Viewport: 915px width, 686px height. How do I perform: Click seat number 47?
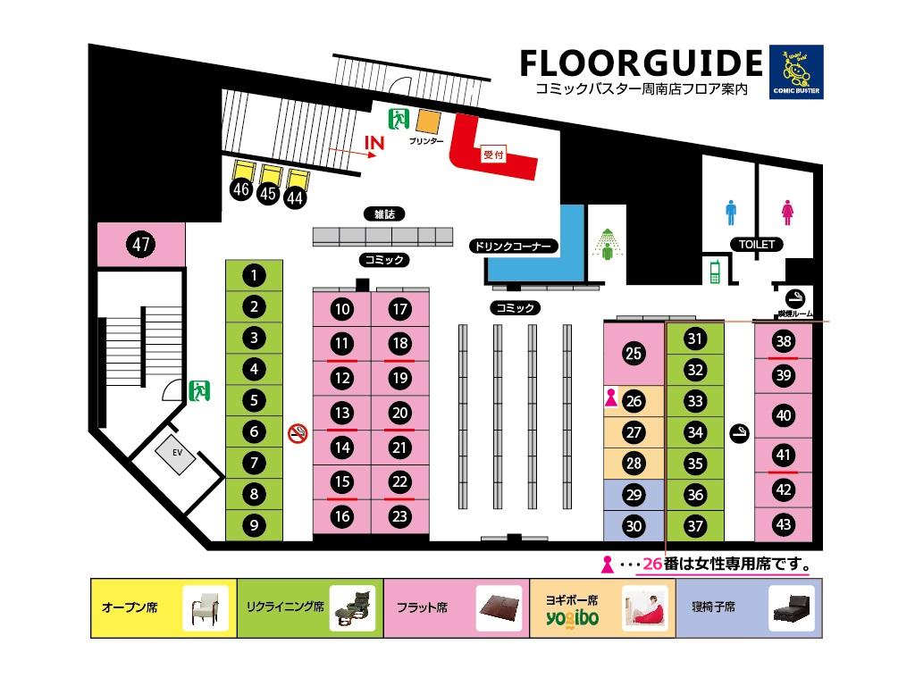point(140,244)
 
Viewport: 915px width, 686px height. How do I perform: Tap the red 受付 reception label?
point(493,155)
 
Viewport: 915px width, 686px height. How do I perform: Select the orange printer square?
point(428,121)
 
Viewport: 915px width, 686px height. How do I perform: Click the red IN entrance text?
point(374,143)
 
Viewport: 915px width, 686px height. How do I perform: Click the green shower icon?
point(608,245)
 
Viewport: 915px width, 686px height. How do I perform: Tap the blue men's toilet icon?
point(731,213)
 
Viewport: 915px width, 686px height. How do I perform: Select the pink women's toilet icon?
point(787,213)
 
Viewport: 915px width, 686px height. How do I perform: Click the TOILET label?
point(756,245)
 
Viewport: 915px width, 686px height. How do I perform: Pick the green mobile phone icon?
point(715,272)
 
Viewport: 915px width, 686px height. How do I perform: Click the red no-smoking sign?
point(298,433)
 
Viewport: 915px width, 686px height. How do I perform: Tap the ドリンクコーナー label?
point(514,247)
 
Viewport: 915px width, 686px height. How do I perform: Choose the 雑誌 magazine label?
point(384,214)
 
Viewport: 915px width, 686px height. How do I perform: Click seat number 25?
point(634,354)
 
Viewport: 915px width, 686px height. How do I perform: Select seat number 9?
point(254,525)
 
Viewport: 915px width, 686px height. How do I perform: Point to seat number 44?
point(295,198)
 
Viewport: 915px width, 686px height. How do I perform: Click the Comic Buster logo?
point(796,71)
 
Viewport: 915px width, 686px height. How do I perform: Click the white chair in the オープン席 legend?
point(206,609)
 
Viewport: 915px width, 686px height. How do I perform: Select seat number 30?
point(634,526)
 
